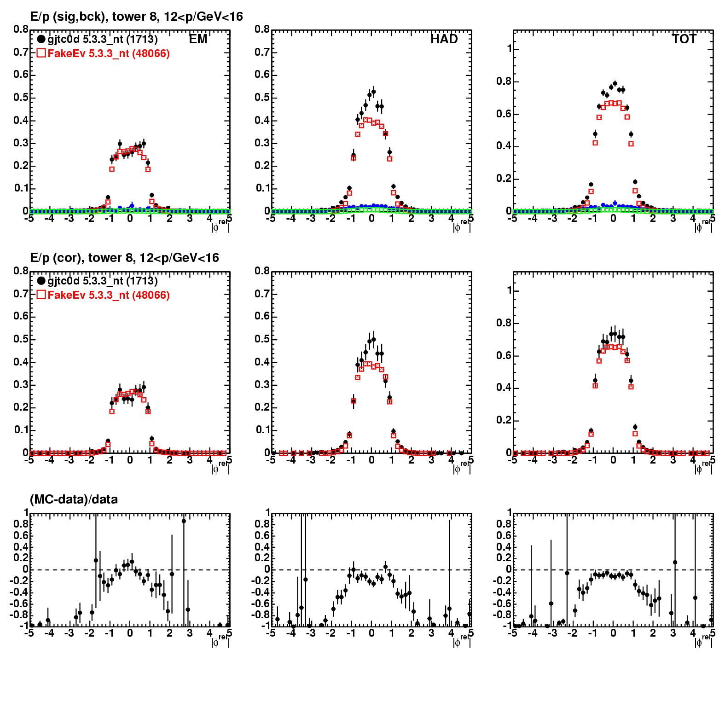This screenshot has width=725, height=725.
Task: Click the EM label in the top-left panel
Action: tap(198, 40)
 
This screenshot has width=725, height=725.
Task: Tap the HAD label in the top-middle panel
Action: tap(444, 40)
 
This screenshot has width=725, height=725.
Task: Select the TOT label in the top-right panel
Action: tap(684, 40)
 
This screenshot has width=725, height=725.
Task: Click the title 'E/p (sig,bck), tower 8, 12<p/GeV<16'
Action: tap(136, 17)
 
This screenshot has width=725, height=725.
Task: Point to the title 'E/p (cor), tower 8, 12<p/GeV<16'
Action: tap(124, 258)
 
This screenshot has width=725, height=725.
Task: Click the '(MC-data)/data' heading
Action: tap(74, 499)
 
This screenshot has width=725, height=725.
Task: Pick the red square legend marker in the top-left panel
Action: tap(41, 53)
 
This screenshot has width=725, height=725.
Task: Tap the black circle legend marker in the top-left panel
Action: tap(41, 40)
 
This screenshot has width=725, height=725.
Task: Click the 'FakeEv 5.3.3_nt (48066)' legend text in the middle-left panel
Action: tap(109, 295)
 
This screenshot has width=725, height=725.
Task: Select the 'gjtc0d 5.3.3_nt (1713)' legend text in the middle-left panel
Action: tap(103, 281)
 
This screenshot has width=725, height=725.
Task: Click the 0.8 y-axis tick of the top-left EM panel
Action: tap(21, 29)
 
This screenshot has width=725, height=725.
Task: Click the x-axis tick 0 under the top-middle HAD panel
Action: tap(371, 219)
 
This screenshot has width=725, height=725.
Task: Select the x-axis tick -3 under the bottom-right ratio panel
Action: tap(552, 633)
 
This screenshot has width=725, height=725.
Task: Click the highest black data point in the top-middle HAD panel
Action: tap(373, 92)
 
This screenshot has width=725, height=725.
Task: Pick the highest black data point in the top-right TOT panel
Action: tap(615, 84)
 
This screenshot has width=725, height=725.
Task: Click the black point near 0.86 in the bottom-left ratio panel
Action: tap(184, 521)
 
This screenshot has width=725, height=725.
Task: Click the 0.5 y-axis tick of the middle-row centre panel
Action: tap(262, 340)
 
